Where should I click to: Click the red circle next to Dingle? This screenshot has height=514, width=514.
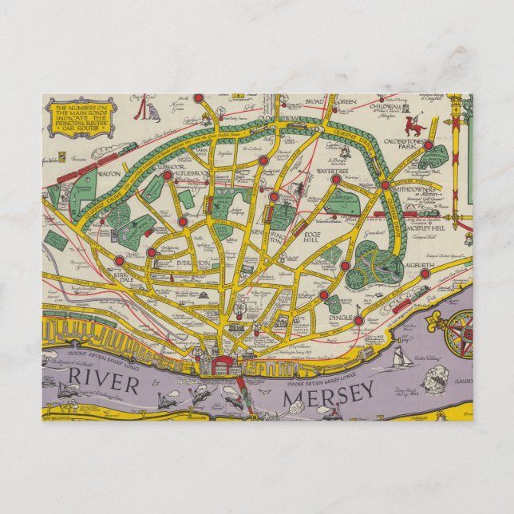pyautogui.click(x=358, y=321)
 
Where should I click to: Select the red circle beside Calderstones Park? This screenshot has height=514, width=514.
pyautogui.click(x=428, y=146)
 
